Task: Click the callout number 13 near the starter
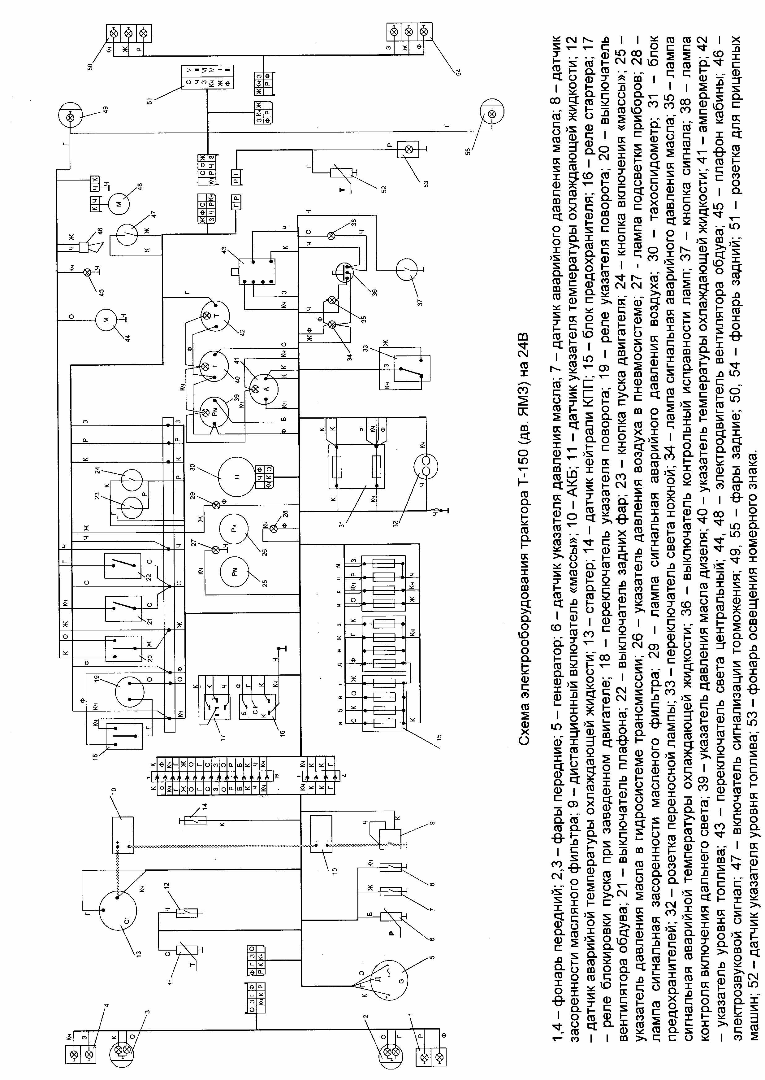point(138,966)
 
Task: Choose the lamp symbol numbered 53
point(409,150)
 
